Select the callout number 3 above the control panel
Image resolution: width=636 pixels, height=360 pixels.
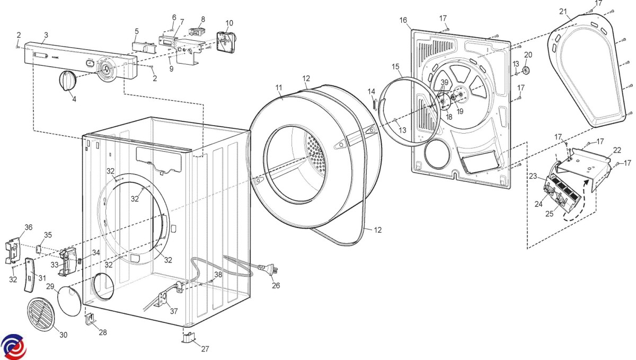[46, 35]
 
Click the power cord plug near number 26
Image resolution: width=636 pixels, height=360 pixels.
[272, 270]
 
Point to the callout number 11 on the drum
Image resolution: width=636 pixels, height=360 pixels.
[279, 87]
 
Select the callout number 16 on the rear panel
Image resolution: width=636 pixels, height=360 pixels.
[403, 20]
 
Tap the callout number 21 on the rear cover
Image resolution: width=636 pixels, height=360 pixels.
[562, 11]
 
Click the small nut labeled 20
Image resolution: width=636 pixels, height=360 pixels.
[527, 71]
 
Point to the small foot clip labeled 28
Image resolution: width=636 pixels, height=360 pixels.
[90, 320]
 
